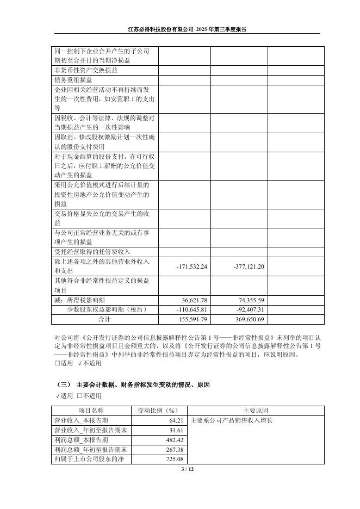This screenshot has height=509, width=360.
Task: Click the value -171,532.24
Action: coord(192,266)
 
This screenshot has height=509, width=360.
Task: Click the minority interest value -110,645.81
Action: coord(192,309)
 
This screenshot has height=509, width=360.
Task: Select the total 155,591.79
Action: coord(193,319)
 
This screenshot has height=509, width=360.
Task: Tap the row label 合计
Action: coord(104,319)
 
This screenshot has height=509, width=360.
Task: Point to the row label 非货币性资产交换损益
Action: coord(86,70)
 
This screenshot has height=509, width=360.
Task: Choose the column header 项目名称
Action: coord(91,411)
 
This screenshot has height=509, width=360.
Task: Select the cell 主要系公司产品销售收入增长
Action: coord(231,420)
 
